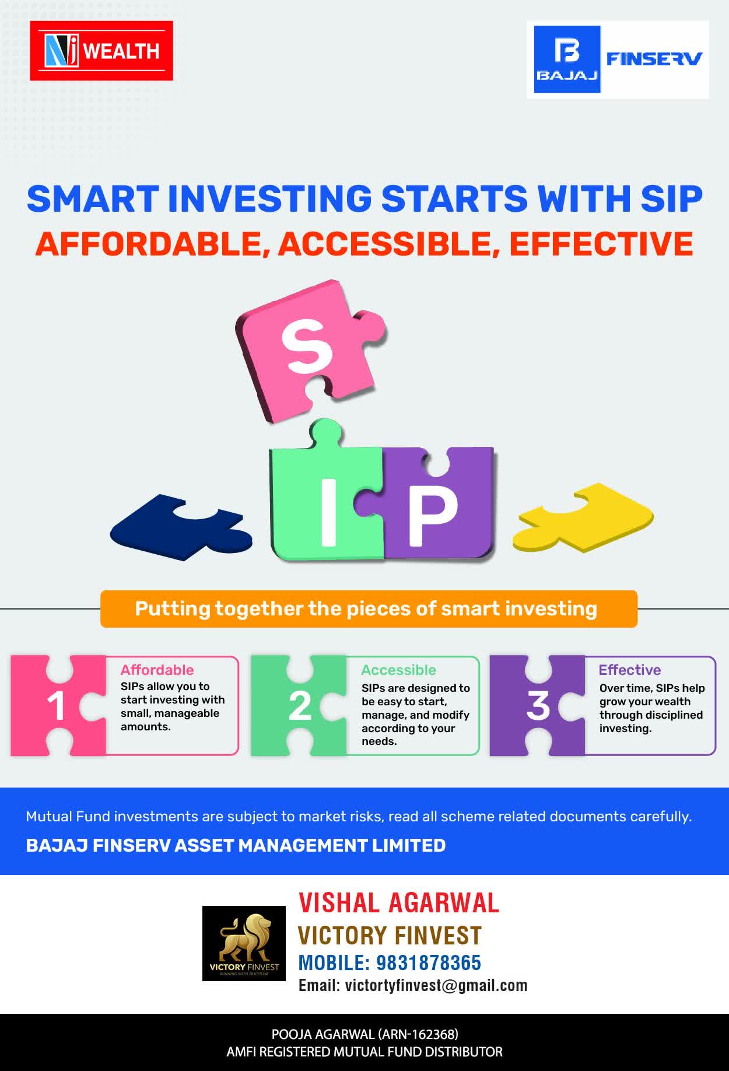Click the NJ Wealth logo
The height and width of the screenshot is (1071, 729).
(x=101, y=51)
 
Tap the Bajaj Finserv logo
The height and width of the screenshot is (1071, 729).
(x=618, y=60)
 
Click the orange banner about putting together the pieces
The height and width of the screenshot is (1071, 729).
(x=369, y=609)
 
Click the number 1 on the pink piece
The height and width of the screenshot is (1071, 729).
(x=56, y=706)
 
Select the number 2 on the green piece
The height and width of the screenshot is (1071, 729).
(x=300, y=706)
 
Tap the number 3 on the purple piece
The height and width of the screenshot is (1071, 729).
(x=538, y=706)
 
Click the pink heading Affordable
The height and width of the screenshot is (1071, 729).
(x=157, y=670)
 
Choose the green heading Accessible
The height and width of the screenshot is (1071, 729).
(x=398, y=670)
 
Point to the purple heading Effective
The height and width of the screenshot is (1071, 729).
(x=630, y=670)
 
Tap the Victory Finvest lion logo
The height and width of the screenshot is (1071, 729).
(x=244, y=943)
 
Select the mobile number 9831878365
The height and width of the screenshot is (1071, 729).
(x=429, y=963)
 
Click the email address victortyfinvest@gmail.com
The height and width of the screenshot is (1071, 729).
(x=436, y=986)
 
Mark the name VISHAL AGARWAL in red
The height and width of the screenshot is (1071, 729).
(x=399, y=903)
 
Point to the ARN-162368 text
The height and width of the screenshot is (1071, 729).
(x=418, y=1034)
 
